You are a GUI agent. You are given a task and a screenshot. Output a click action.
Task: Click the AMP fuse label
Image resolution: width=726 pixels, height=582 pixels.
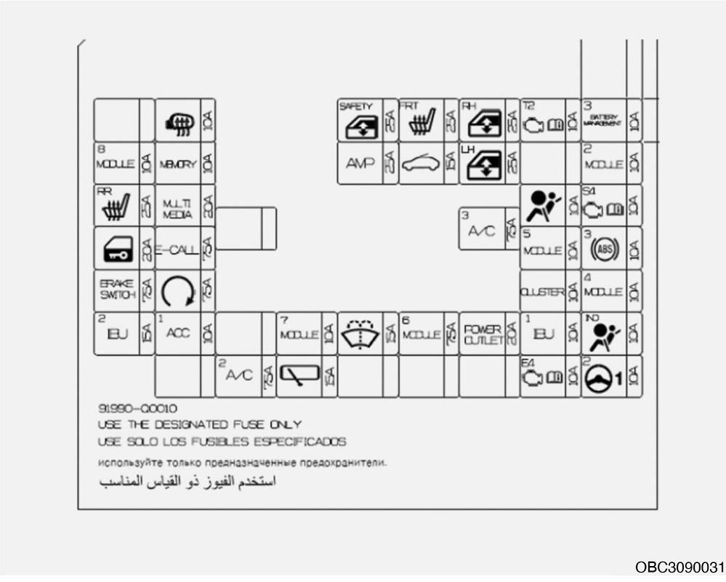click(360, 163)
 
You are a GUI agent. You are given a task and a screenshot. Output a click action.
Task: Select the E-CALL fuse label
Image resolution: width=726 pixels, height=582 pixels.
click(177, 250)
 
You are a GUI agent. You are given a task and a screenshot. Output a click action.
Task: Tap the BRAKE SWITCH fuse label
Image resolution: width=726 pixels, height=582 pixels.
click(116, 290)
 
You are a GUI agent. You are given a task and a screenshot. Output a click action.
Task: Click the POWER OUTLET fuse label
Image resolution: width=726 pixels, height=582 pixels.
click(483, 335)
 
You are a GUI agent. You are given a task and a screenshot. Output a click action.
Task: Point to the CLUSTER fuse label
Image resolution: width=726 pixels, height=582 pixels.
click(542, 292)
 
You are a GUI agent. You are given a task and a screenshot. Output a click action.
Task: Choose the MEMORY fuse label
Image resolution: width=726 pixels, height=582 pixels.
click(177, 164)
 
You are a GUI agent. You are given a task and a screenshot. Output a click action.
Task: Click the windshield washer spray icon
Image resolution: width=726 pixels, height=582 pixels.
click(360, 333)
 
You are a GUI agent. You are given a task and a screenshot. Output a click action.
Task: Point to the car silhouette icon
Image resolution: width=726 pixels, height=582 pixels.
click(421, 164)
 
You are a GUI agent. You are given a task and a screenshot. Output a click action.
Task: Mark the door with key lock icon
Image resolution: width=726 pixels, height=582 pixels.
click(116, 250)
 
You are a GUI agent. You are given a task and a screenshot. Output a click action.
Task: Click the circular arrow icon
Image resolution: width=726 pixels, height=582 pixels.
click(177, 291)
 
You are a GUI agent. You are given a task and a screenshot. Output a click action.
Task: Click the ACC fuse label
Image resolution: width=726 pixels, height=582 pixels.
click(177, 333)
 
